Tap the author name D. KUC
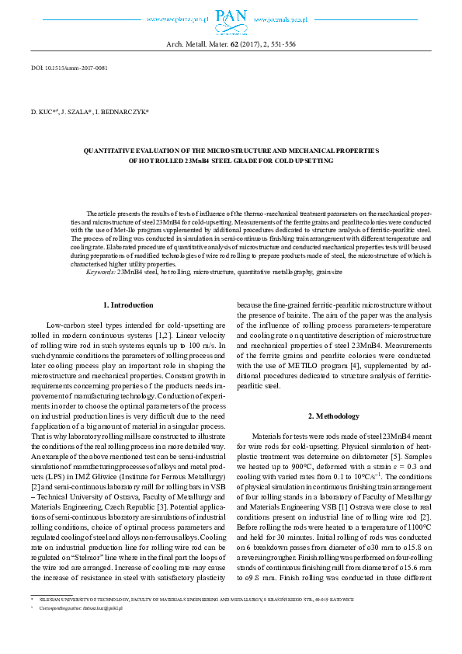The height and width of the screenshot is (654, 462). (x=43, y=112)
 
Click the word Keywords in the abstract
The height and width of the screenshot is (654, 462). (x=100, y=273)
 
